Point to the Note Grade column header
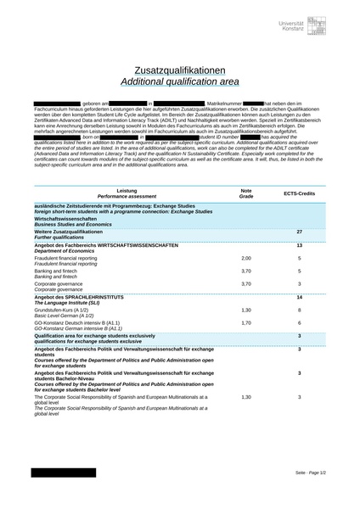pos(246,193)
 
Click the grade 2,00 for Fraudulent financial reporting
pos(246,258)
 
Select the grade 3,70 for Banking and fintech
pos(246,271)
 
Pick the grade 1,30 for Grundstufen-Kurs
pos(246,310)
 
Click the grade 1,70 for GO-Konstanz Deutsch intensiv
pos(246,323)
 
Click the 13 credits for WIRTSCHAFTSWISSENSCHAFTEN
pos(299,245)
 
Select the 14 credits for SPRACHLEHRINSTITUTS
pos(299,298)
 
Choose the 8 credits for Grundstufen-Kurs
pos(299,310)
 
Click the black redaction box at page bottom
pos(64,472)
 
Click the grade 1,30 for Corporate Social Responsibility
pos(246,397)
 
